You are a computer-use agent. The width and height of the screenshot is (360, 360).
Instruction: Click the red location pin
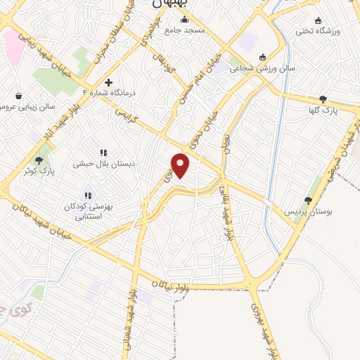coord(181,165)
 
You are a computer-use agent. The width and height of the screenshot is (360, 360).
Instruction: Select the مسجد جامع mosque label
coord(184,31)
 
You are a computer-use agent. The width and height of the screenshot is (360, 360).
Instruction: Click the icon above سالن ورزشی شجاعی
coord(262,57)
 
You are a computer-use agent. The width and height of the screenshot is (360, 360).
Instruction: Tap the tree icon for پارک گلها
coord(323,99)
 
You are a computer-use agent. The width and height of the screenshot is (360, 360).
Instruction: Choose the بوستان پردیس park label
coord(307,212)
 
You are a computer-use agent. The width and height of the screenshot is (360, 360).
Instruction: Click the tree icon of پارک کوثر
coord(39,161)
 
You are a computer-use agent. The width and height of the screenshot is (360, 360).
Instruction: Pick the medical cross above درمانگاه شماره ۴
coord(108,82)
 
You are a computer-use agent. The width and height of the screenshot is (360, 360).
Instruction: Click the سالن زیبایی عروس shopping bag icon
coord(18,96)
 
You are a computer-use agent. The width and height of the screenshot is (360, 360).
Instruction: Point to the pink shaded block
coord(12,42)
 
